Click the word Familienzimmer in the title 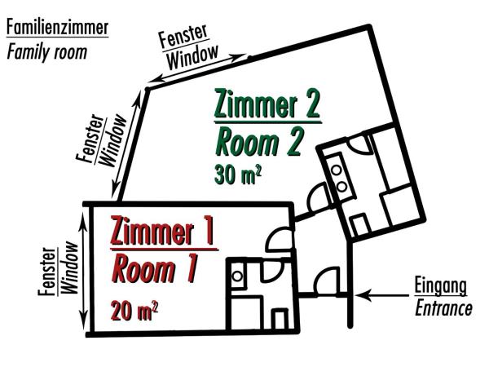56,27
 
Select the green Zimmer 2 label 267,104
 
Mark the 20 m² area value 134,310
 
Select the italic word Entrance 443,309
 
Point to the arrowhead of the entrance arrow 362,293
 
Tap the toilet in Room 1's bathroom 280,319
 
